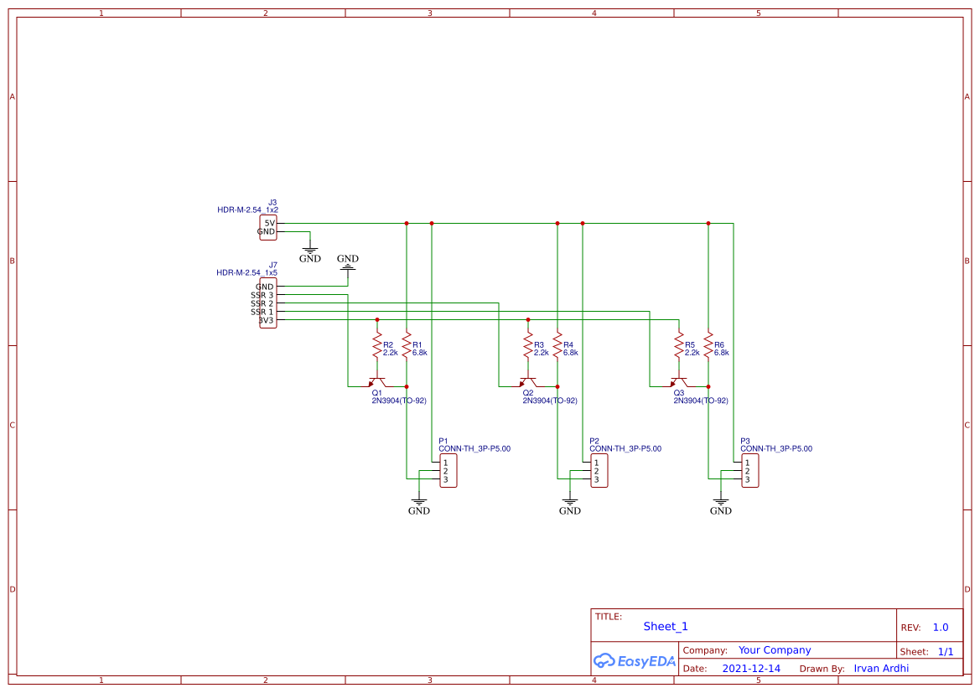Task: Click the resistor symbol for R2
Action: click(377, 346)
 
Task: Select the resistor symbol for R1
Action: click(407, 346)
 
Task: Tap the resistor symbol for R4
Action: click(557, 346)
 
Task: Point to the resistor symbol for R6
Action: click(708, 346)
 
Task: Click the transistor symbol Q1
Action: click(377, 384)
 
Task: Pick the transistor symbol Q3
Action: click(679, 384)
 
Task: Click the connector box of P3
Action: click(750, 471)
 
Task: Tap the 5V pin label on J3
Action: click(269, 223)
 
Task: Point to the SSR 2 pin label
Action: click(262, 303)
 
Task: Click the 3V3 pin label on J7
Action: click(267, 320)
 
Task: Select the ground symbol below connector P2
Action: click(569, 505)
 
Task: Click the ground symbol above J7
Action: click(348, 263)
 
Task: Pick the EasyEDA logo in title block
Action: click(634, 660)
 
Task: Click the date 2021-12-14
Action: click(751, 669)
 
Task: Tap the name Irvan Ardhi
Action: click(881, 669)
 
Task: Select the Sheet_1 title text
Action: click(666, 626)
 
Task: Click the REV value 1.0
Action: click(941, 628)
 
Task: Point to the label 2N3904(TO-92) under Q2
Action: click(550, 401)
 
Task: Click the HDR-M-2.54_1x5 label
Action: click(246, 273)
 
